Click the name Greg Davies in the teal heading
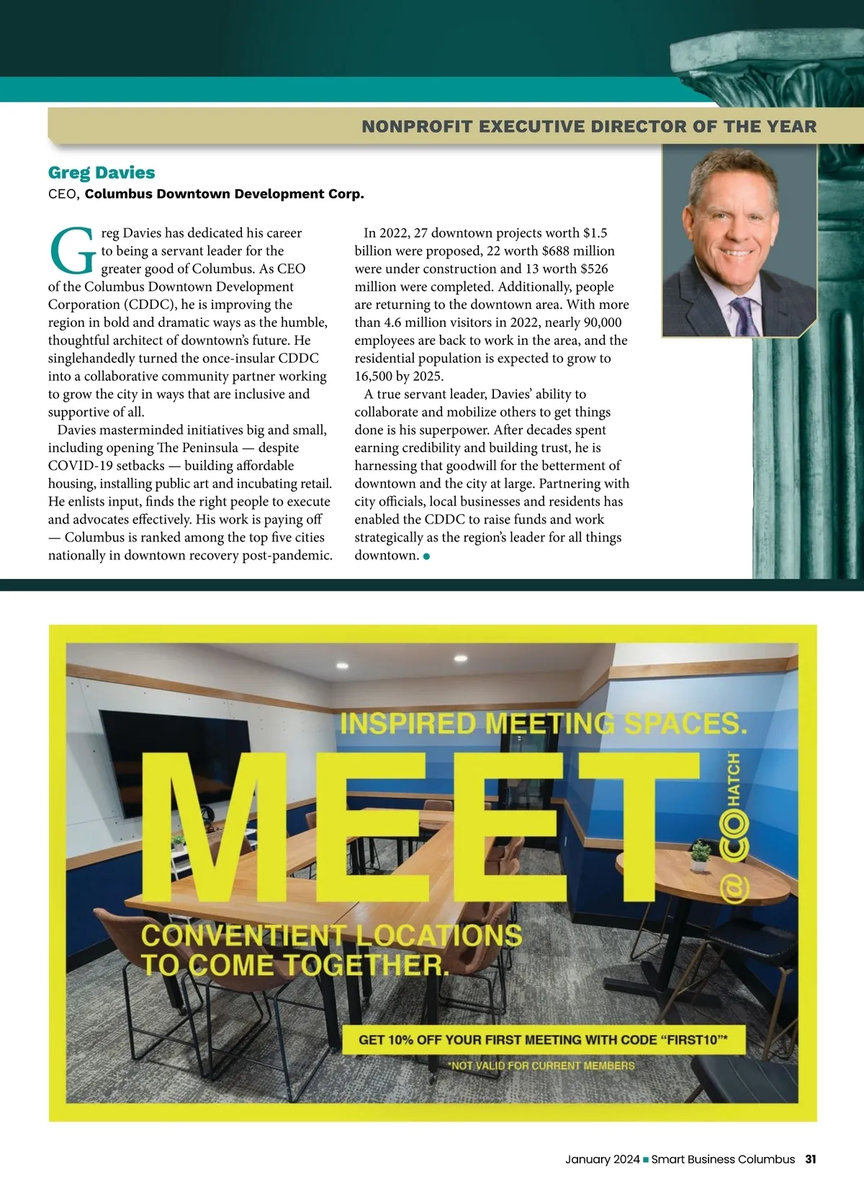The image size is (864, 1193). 102,173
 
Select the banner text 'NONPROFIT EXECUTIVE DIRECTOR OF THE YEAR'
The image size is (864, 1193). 589,127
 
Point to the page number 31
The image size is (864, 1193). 811,1159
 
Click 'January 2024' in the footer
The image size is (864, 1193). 602,1159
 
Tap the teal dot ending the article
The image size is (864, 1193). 427,556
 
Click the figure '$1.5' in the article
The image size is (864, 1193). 595,233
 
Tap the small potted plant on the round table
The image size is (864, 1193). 700,856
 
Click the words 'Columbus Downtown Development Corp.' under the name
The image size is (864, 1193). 225,194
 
